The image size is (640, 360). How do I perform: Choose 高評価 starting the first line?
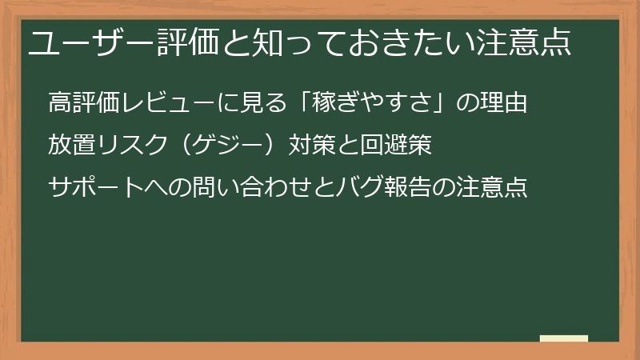(84, 104)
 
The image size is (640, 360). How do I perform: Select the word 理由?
(504, 104)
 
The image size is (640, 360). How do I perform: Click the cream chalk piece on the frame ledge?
(563, 339)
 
